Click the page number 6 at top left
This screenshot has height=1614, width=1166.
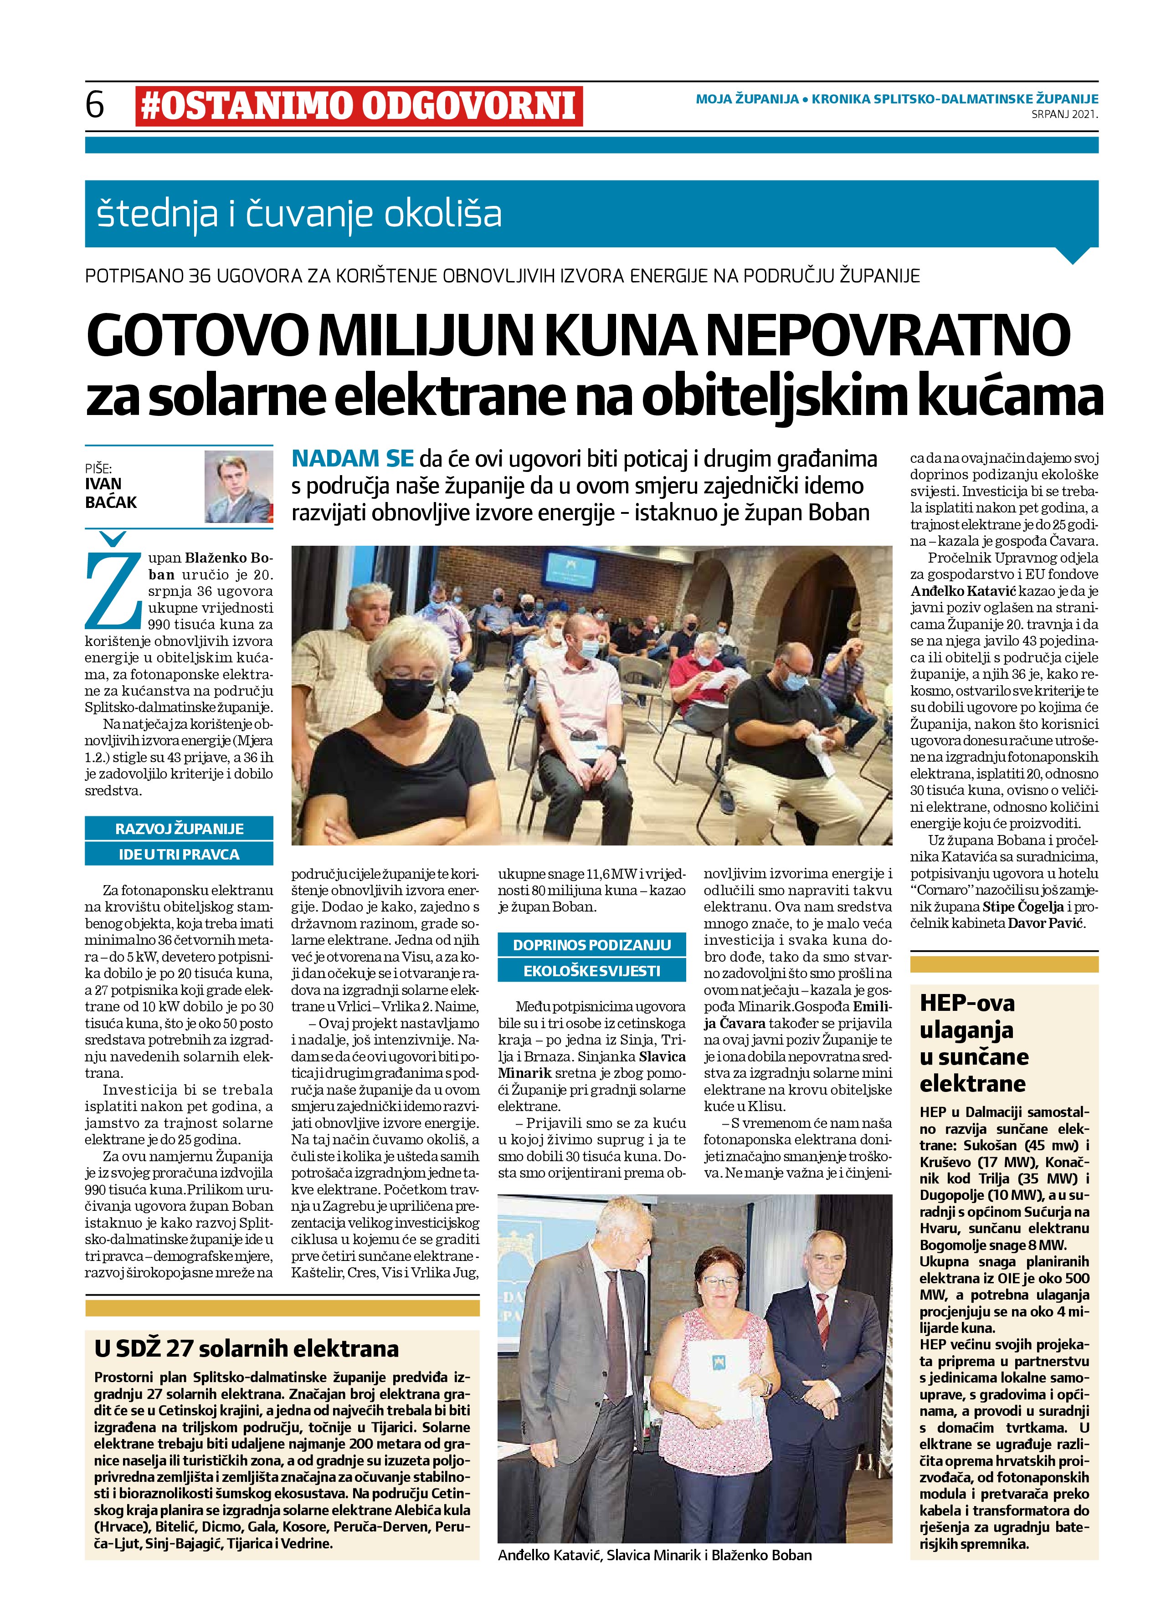click(x=95, y=105)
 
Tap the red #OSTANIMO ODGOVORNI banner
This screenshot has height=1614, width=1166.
click(x=358, y=106)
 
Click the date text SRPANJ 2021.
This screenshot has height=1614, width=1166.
click(x=1064, y=113)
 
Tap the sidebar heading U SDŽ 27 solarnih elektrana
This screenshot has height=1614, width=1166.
click(x=247, y=1348)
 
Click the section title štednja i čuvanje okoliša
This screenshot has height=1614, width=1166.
click(x=299, y=214)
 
